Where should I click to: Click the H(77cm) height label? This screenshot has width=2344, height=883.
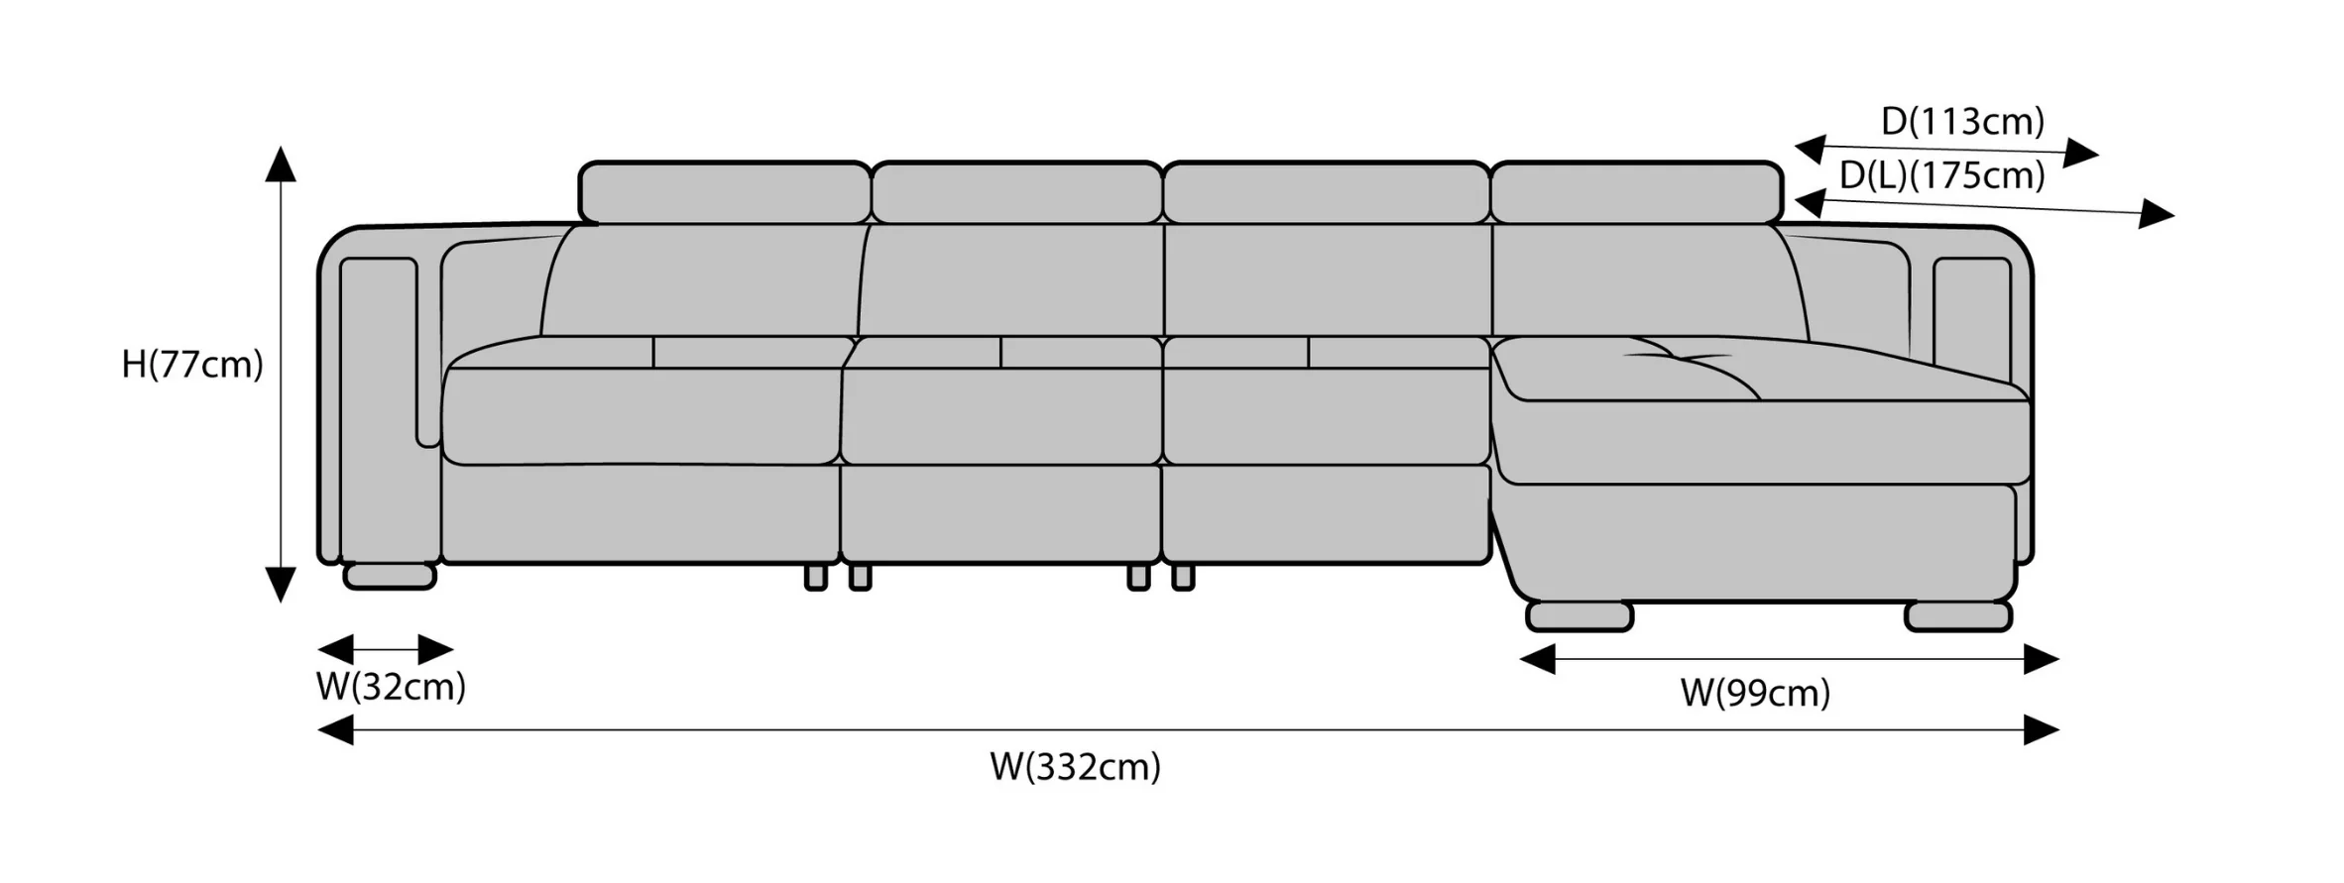192,365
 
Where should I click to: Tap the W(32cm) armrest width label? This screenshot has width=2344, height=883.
391,686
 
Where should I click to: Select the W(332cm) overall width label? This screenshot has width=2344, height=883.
1075,766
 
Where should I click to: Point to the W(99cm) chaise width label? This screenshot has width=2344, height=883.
1755,693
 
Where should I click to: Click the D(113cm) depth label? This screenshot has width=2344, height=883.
1962,121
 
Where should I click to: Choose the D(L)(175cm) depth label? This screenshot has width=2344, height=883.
1942,175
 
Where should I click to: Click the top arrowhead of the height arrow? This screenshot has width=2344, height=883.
281,164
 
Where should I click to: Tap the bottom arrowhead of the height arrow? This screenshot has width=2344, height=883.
281,585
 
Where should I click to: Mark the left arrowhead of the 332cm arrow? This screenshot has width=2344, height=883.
335,730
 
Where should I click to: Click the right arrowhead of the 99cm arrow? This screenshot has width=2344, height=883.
2042,659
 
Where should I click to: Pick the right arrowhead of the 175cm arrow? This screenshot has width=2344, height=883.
2157,214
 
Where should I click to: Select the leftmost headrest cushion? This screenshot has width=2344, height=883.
725,193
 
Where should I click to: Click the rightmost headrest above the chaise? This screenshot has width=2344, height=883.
1636,193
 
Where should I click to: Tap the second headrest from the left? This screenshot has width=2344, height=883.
1017,193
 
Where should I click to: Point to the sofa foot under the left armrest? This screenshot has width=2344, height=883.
390,576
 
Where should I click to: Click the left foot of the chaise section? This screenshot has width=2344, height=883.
1580,615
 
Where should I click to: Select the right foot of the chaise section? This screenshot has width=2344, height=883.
1958,615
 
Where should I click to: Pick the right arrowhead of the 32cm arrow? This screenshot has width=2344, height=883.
436,650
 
